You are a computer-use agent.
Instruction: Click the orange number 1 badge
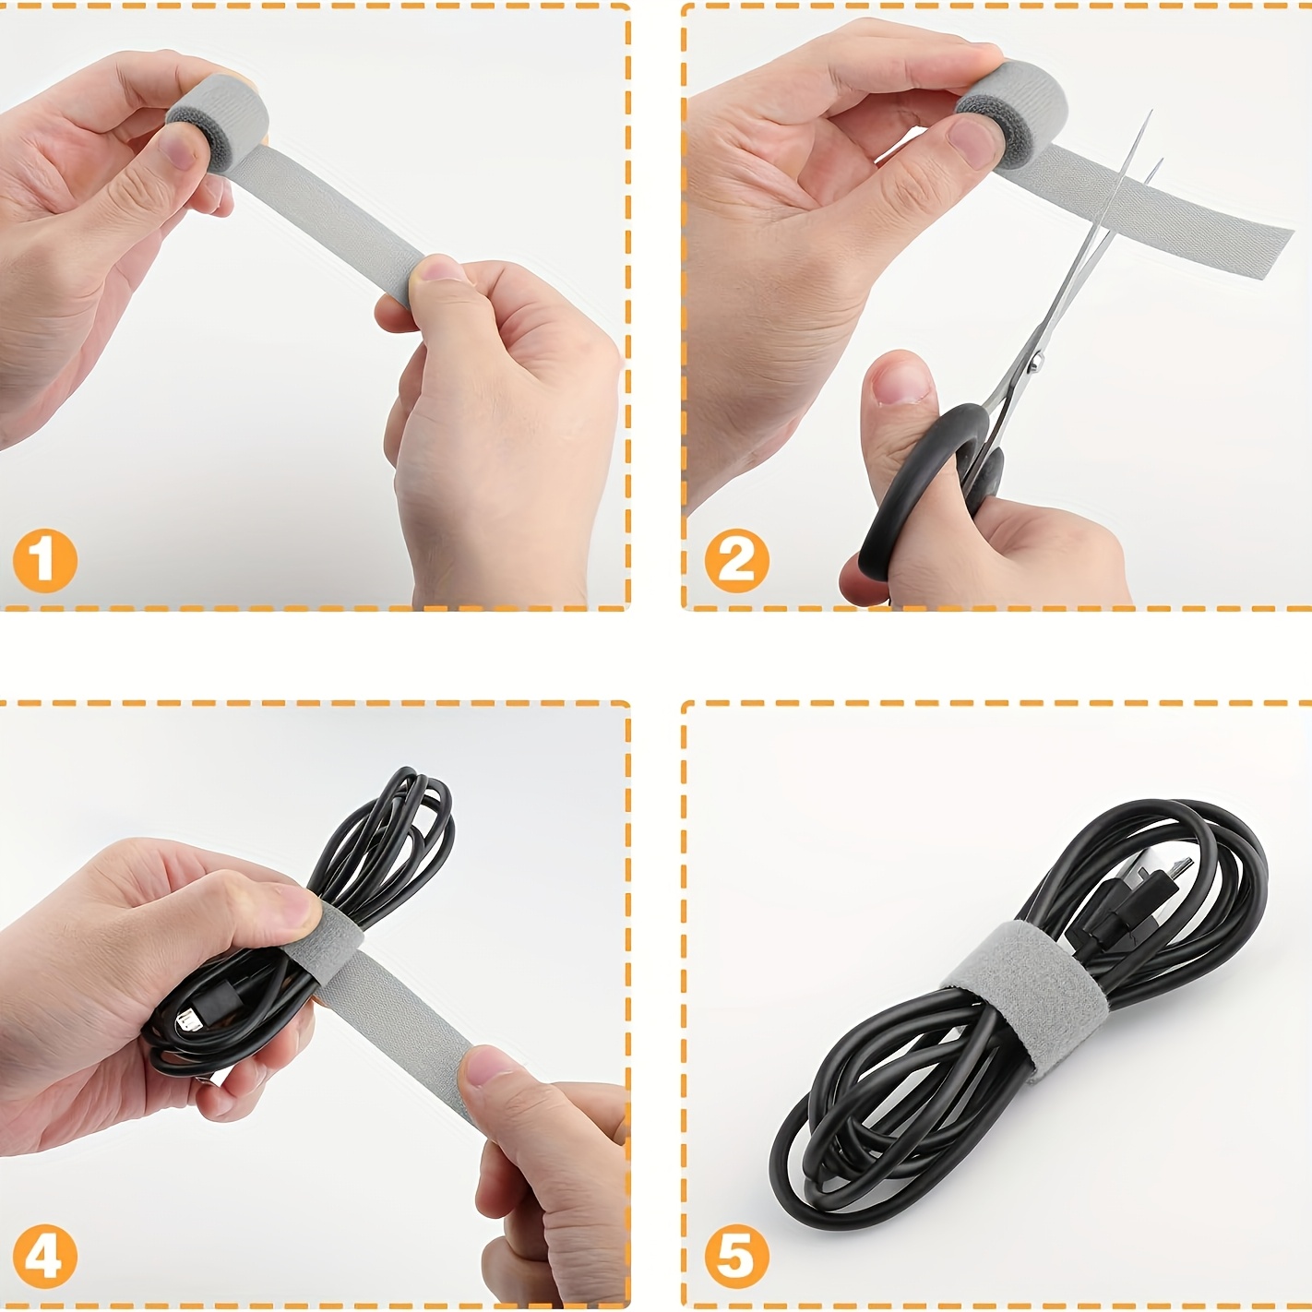click(x=44, y=560)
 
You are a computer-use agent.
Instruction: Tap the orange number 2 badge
click(x=736, y=560)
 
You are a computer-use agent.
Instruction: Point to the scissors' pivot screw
click(x=1035, y=362)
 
